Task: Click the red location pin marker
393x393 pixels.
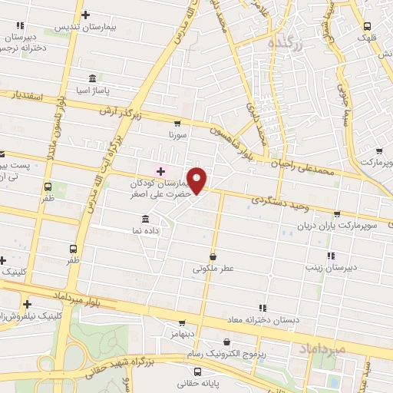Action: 198,180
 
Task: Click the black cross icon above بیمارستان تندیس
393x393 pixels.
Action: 85,15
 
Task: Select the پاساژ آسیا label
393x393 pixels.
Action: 91,90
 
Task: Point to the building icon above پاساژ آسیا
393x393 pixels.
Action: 92,78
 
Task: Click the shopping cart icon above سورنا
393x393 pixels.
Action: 178,123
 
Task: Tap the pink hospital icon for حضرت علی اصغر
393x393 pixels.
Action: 160,170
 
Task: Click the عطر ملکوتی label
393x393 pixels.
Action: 213,269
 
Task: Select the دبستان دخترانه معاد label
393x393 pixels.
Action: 264,319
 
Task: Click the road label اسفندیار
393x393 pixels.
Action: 26,97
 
